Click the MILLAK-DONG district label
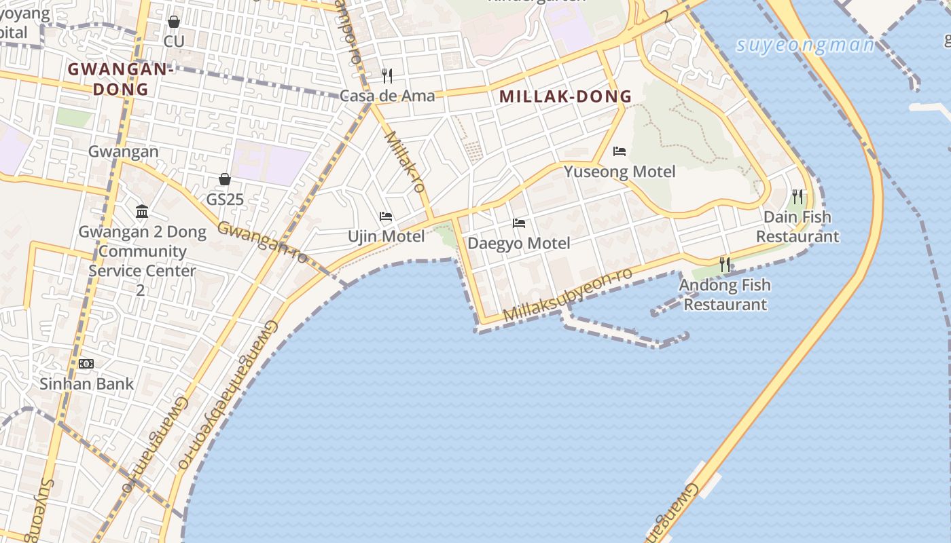pyautogui.click(x=565, y=96)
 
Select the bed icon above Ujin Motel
pyautogui.click(x=386, y=217)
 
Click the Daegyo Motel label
pyautogui.click(x=519, y=243)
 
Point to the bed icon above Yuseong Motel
pyautogui.click(x=620, y=151)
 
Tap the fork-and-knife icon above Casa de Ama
pyautogui.click(x=387, y=75)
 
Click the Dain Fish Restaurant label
pyautogui.click(x=797, y=227)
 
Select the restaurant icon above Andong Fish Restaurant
pyautogui.click(x=725, y=265)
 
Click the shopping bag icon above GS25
pyautogui.click(x=225, y=179)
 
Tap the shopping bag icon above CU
pyautogui.click(x=174, y=22)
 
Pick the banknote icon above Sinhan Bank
pyautogui.click(x=86, y=364)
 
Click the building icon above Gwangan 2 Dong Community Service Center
pyautogui.click(x=142, y=212)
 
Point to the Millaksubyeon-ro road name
pyautogui.click(x=568, y=295)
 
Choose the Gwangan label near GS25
pyautogui.click(x=124, y=151)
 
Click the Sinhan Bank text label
pyautogui.click(x=87, y=383)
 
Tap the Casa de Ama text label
pyautogui.click(x=387, y=96)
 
